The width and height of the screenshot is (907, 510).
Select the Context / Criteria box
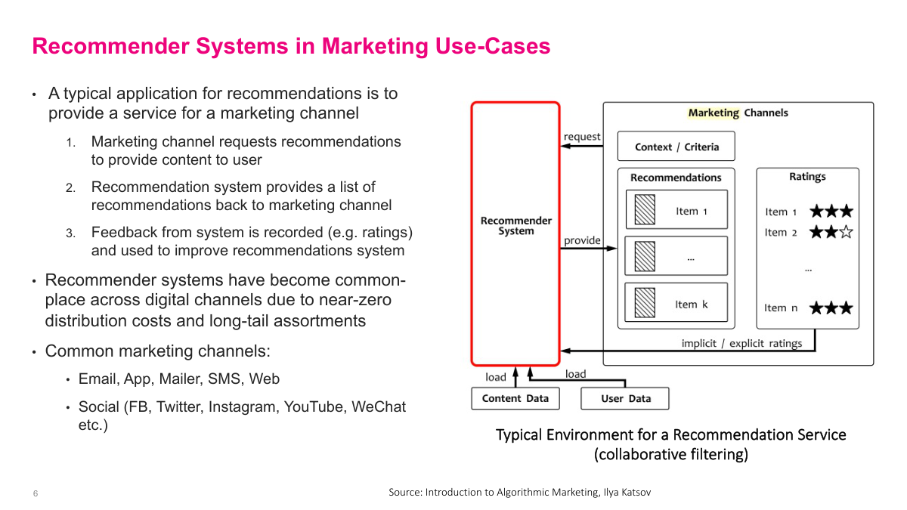pos(676,147)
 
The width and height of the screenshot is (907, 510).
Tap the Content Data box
pos(515,398)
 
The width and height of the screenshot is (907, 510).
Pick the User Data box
pos(625,398)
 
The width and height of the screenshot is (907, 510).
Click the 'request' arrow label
pos(582,137)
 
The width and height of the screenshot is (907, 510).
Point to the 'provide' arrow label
pos(582,241)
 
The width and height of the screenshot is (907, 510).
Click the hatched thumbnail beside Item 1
pos(645,210)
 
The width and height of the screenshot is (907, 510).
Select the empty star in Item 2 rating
pos(846,232)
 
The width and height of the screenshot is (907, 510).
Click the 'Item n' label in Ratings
pos(781,308)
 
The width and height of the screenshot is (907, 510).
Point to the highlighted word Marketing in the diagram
pos(714,113)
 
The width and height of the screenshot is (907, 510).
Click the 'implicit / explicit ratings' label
pos(741,343)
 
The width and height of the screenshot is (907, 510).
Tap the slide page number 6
pos(36,493)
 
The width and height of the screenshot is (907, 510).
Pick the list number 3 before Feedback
pos(70,233)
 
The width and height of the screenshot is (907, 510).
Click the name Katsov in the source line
pos(635,492)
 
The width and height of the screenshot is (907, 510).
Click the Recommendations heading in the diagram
pos(676,178)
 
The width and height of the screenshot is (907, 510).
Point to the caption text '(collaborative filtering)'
pos(670,454)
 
